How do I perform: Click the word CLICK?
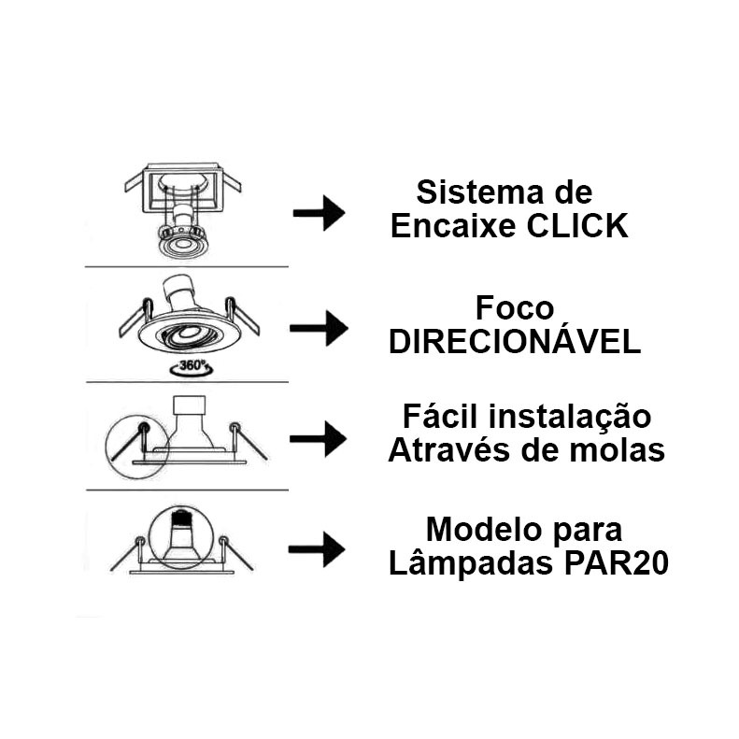point(577,226)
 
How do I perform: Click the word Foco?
point(515,308)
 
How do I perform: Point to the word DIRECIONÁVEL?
point(515,341)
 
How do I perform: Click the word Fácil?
point(440,417)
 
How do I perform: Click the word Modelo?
point(484,530)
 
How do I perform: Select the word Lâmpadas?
point(471,562)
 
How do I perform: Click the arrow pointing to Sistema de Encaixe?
point(320,213)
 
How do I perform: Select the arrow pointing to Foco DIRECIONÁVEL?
point(320,329)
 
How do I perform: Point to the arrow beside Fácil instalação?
point(319,439)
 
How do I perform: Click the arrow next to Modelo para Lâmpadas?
point(317,549)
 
